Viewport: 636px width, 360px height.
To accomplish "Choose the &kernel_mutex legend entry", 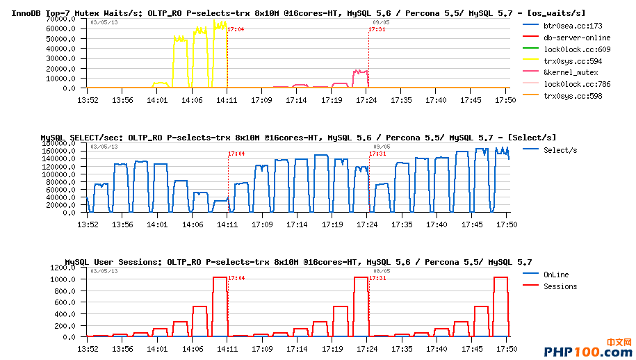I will [x=571, y=72].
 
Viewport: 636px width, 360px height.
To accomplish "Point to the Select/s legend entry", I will [x=560, y=150].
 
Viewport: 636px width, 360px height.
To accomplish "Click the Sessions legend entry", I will [x=560, y=286].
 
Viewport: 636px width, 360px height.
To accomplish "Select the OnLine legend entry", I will [x=556, y=275].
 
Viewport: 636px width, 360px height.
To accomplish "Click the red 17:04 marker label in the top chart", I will [x=236, y=30].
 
